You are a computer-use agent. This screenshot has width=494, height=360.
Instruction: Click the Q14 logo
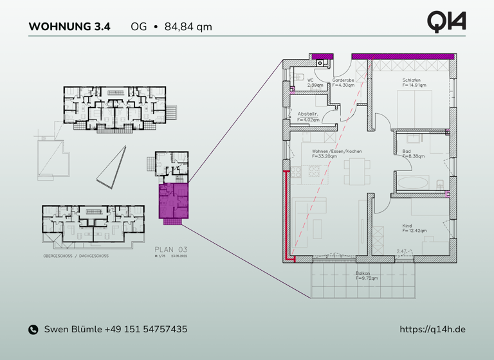(446, 21)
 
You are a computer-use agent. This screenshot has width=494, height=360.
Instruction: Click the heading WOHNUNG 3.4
(69, 27)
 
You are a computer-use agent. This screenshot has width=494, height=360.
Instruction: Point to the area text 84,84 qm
(188, 27)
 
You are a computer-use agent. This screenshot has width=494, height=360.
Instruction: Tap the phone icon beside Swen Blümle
(33, 330)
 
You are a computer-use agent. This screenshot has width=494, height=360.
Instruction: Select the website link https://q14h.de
(432, 329)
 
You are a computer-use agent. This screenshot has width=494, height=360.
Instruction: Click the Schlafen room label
(413, 80)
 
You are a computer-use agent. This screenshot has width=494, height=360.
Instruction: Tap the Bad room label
(407, 152)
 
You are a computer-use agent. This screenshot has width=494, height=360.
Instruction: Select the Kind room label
(407, 226)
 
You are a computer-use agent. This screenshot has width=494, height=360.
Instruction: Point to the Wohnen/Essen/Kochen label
(336, 152)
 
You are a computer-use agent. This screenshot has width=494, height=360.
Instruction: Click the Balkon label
(363, 273)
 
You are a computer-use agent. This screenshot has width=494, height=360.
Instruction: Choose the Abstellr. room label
(307, 114)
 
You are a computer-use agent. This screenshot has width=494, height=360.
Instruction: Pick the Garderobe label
(343, 80)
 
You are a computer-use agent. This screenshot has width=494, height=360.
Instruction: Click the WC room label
(310, 80)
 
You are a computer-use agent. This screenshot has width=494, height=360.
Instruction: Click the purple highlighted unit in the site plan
(172, 200)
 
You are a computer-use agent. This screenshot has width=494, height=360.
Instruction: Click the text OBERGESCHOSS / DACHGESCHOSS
(75, 256)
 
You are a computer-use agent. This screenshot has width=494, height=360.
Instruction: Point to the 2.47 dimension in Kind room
(401, 252)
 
